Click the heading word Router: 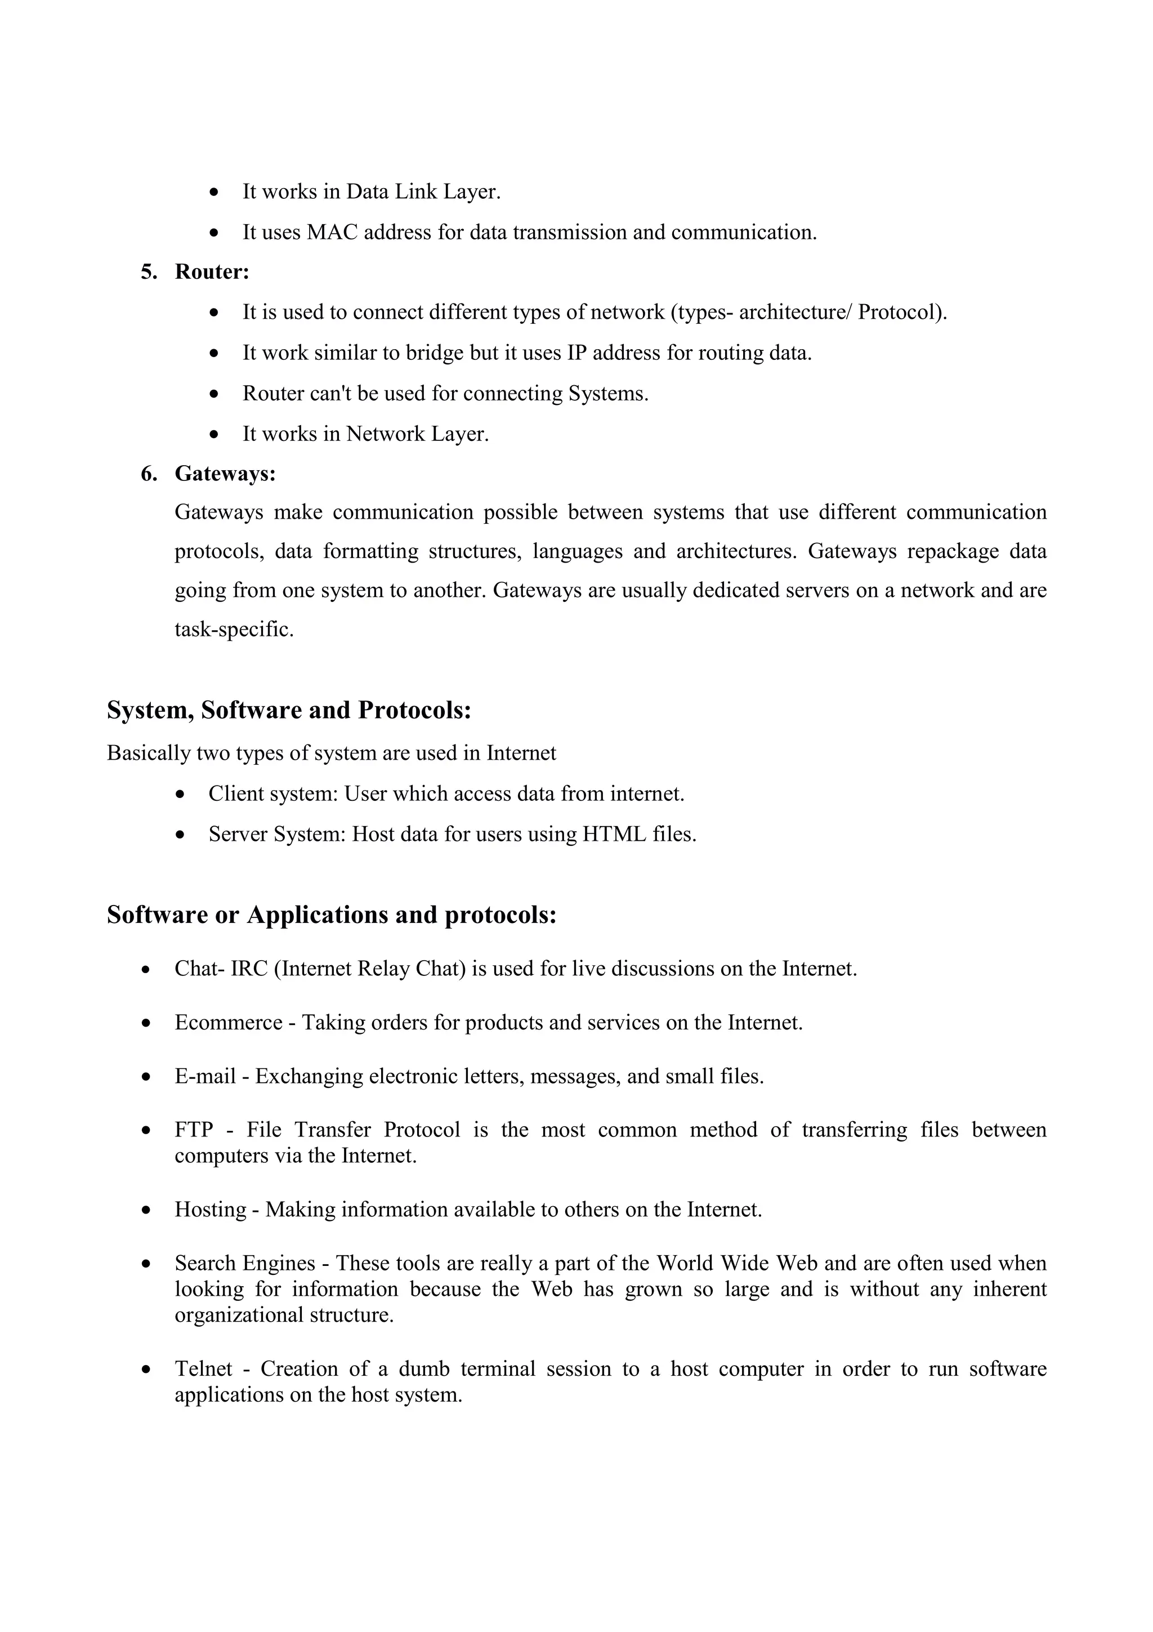[x=212, y=272]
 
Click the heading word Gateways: [x=225, y=474]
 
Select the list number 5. [x=149, y=272]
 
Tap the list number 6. [x=149, y=474]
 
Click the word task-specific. [x=234, y=630]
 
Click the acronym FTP [x=194, y=1130]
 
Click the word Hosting [x=211, y=1209]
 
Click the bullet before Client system [x=182, y=795]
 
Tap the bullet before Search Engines [x=147, y=1264]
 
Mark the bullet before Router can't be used [x=215, y=394]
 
